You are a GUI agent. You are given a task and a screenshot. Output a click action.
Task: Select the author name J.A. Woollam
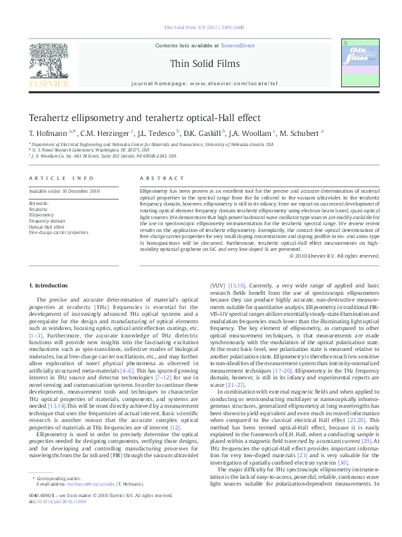[241, 133]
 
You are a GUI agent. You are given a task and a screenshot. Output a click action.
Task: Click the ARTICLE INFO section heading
[61, 179]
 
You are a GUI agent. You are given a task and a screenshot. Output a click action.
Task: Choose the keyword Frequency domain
[47, 221]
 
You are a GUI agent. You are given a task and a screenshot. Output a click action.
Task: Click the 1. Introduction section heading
[50, 286]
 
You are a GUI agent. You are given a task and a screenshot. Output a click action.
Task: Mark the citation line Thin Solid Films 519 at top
[201, 28]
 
